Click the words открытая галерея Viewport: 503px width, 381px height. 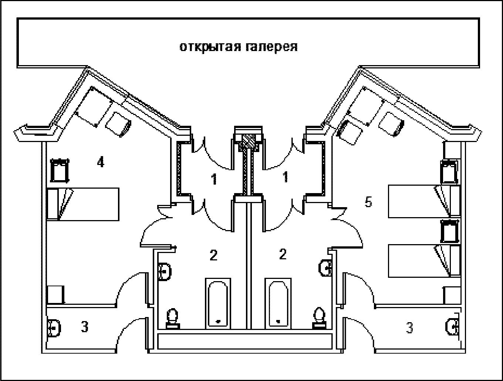[239, 47]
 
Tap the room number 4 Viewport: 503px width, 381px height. [100, 162]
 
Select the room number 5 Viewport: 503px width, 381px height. [368, 202]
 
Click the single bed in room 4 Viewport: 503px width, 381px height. [83, 204]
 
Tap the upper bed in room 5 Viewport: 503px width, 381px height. [423, 201]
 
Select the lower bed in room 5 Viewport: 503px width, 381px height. [423, 260]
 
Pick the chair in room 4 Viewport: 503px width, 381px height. [118, 125]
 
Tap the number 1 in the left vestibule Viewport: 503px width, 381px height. [214, 179]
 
